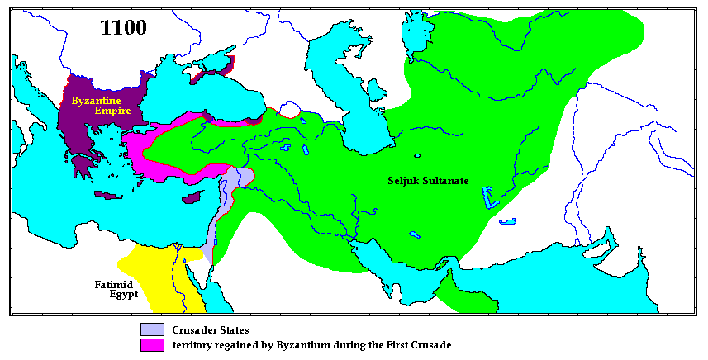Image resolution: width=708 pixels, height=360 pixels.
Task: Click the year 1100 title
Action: click(123, 27)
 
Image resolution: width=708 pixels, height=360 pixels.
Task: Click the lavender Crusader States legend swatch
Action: click(152, 329)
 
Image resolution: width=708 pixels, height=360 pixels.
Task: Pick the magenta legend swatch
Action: click(152, 343)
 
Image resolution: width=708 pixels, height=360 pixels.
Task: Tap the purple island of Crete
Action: click(107, 197)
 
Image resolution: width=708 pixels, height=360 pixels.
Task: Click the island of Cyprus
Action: click(192, 198)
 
